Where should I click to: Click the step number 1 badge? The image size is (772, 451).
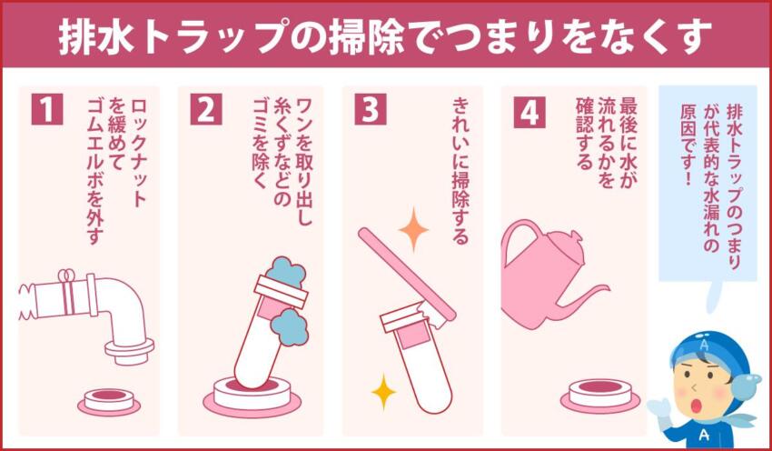tap(46, 109)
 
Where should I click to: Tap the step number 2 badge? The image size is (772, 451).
tap(206, 109)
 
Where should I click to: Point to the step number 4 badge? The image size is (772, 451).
tap(530, 109)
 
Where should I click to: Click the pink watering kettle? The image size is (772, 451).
tap(550, 273)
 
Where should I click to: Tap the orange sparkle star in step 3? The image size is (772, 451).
tap(413, 229)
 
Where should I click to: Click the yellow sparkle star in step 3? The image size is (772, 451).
tap(383, 392)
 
